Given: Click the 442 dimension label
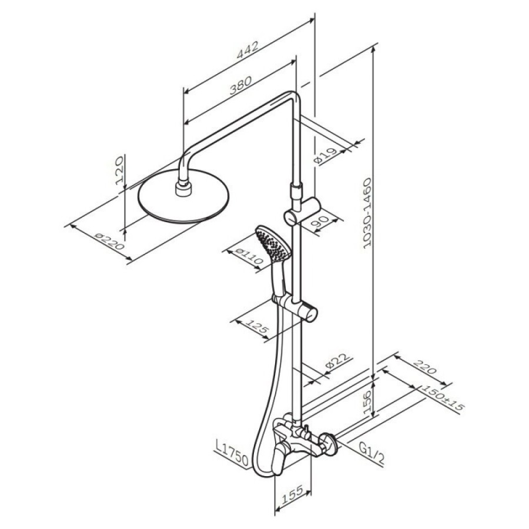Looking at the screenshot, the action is (x=247, y=51).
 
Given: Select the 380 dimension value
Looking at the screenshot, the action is (x=240, y=85).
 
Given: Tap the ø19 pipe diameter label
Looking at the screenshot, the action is (x=325, y=156).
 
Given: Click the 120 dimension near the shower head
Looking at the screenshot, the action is (x=120, y=173).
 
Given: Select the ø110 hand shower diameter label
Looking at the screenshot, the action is (x=249, y=256).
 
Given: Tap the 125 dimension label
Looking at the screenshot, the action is (x=256, y=327).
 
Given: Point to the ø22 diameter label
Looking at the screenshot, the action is (x=336, y=362).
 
